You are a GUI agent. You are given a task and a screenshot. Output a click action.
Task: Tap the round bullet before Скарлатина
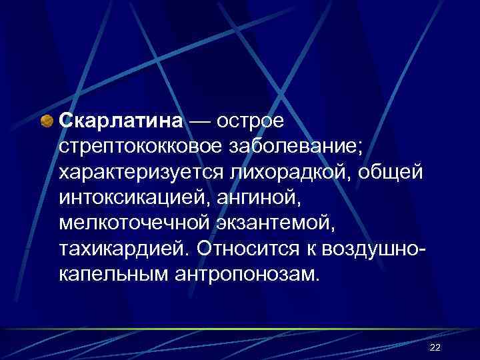[x=48, y=121]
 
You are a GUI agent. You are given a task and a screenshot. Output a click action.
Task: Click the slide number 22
[x=435, y=347]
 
